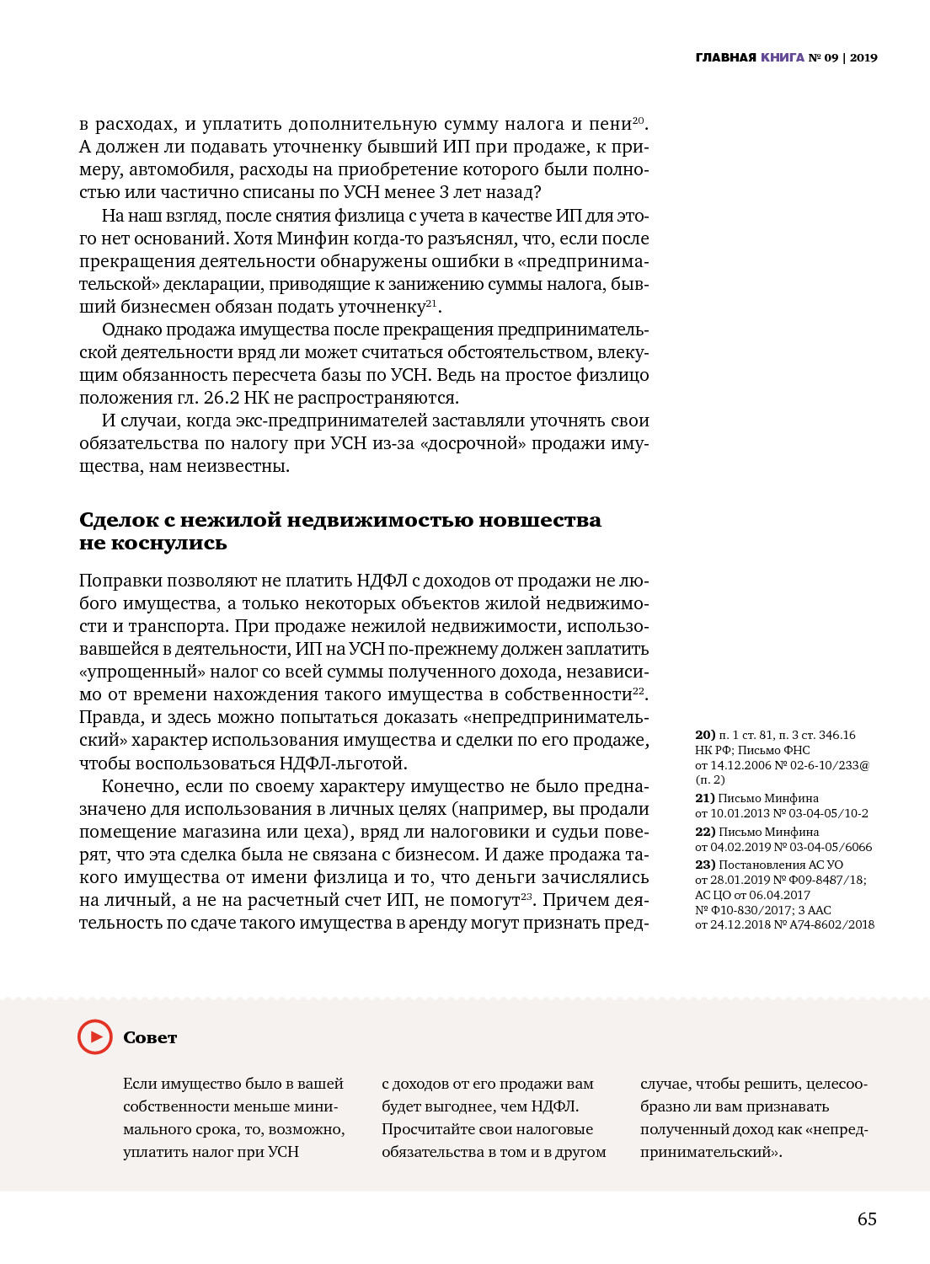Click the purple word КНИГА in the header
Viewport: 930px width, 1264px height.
coord(783,57)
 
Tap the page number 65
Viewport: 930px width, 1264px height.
coord(867,1219)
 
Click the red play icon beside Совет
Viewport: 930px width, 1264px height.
coord(95,1036)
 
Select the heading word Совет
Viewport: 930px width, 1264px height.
coord(150,1037)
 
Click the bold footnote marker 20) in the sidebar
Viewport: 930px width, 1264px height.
coord(705,735)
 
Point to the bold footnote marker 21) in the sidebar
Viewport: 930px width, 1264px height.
coord(705,798)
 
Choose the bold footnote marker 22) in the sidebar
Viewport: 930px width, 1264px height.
coord(705,832)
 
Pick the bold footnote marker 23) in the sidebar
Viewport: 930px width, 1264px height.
coord(705,865)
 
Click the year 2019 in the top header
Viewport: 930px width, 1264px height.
coord(863,57)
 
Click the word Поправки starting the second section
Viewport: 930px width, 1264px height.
coord(120,581)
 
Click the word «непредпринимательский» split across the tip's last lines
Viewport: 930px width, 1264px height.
coord(836,1129)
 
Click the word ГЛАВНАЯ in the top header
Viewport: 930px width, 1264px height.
coord(726,57)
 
